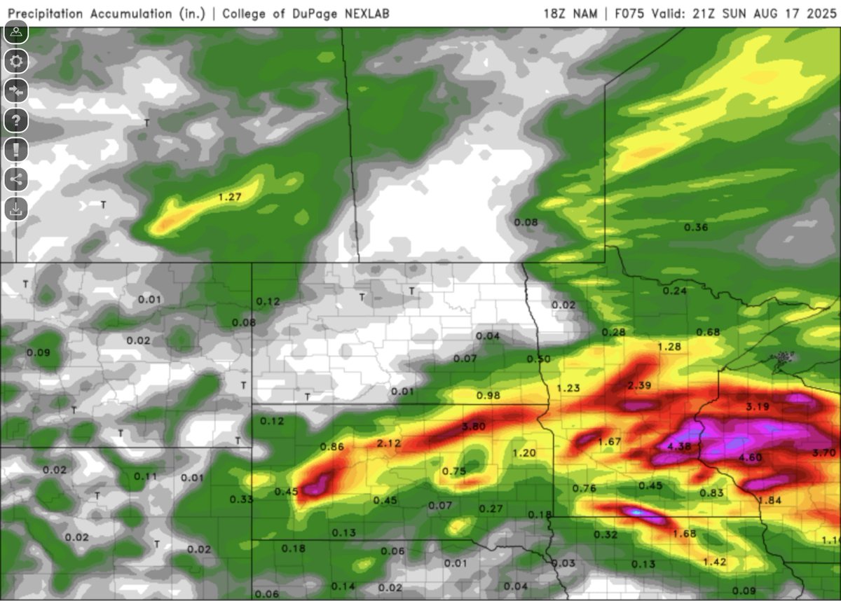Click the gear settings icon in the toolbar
pos(16,61)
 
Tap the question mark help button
pos(16,120)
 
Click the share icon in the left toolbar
pos(16,179)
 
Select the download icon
pos(16,208)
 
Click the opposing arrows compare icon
pos(16,90)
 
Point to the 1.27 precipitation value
pos(230,198)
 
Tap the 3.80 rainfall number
pos(474,426)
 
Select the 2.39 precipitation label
pos(639,386)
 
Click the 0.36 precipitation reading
pos(695,227)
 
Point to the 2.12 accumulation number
pos(389,443)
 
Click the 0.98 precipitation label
pos(488,396)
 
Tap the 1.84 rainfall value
pos(770,500)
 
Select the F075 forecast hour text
pos(628,13)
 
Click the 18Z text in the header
pos(556,13)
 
